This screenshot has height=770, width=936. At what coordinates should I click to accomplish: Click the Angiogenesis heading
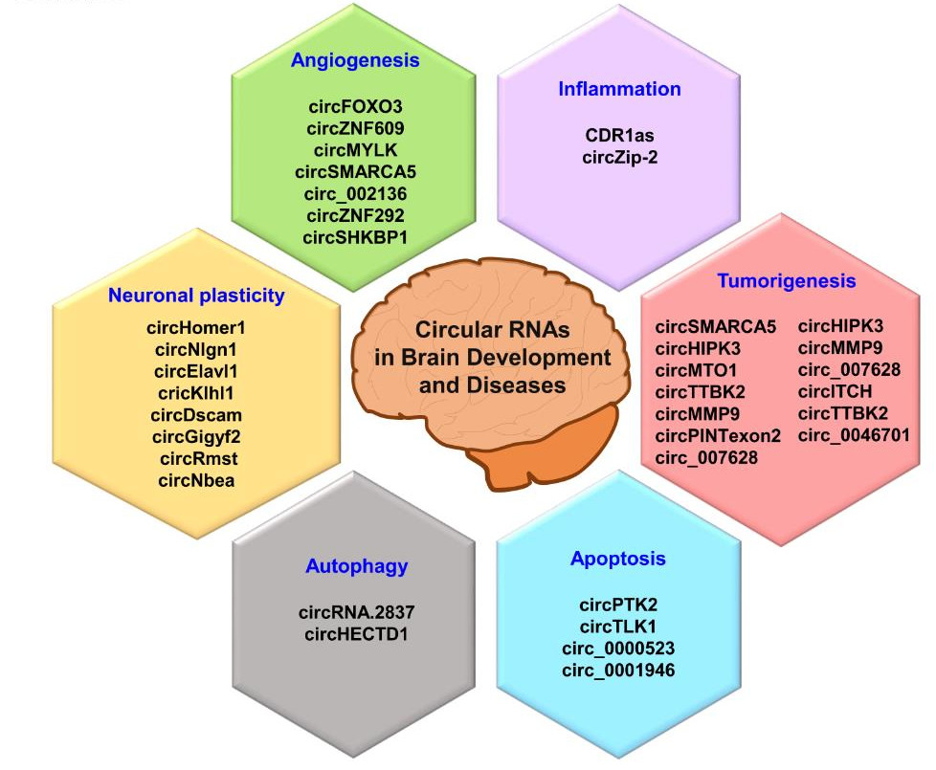[355, 60]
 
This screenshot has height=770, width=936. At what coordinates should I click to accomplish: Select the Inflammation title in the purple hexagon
[619, 89]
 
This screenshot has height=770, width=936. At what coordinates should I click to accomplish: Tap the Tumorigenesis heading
[786, 281]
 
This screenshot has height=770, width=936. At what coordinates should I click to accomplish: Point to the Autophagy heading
[356, 566]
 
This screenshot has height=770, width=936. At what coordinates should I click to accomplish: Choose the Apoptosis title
[618, 559]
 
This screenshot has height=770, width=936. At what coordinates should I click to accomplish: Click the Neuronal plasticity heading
[196, 296]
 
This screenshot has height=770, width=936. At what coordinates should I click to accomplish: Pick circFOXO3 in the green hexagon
[355, 107]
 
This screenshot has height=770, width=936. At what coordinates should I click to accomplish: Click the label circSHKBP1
[355, 237]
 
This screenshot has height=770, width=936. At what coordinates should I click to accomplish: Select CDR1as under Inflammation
[619, 136]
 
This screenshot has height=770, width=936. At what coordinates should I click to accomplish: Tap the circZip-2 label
[619, 158]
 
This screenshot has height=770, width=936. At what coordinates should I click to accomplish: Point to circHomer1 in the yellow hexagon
[196, 328]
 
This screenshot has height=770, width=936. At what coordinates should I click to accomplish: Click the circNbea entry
[196, 481]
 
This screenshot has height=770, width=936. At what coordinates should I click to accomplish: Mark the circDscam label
[196, 415]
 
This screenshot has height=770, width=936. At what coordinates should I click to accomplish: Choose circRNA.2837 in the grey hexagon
[356, 612]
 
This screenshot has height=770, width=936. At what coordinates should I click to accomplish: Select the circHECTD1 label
[356, 634]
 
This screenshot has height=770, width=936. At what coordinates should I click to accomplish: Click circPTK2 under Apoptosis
[618, 605]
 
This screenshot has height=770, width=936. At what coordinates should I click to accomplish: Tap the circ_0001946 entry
[618, 671]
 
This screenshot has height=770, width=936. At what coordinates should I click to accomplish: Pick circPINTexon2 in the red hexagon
[718, 436]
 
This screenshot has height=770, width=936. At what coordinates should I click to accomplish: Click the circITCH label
[835, 392]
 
